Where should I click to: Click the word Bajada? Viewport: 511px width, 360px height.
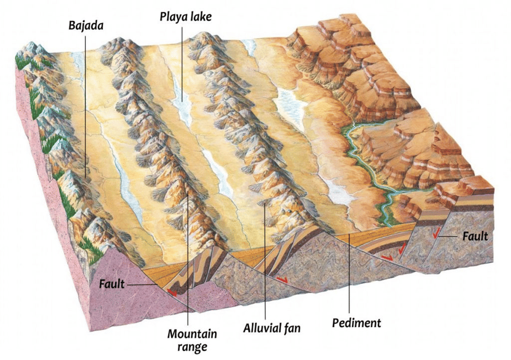(85, 25)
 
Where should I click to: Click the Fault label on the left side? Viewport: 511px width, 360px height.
(111, 284)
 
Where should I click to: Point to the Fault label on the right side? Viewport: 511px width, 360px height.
(475, 237)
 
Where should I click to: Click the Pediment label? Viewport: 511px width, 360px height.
(356, 323)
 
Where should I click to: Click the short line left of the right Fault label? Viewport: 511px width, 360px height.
(451, 237)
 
